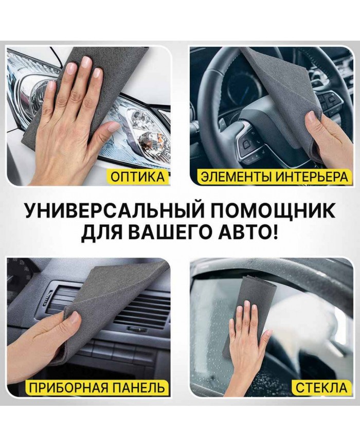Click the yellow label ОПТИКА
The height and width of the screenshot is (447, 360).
point(138,177)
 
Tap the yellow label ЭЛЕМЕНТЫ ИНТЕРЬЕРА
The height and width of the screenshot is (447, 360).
point(275,177)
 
